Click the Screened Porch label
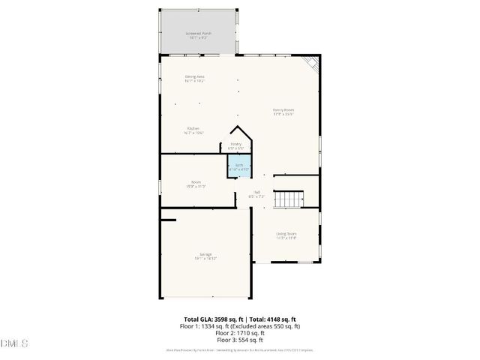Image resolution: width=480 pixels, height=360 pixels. tap(199, 34)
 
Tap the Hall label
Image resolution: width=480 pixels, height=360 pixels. tap(256, 193)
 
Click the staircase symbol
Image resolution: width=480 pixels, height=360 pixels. tap(287, 200)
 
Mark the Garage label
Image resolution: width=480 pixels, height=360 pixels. tap(205, 255)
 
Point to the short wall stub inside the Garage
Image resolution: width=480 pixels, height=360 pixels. tap(168, 220)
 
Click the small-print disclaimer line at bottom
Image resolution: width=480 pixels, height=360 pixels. tap(239, 349)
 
